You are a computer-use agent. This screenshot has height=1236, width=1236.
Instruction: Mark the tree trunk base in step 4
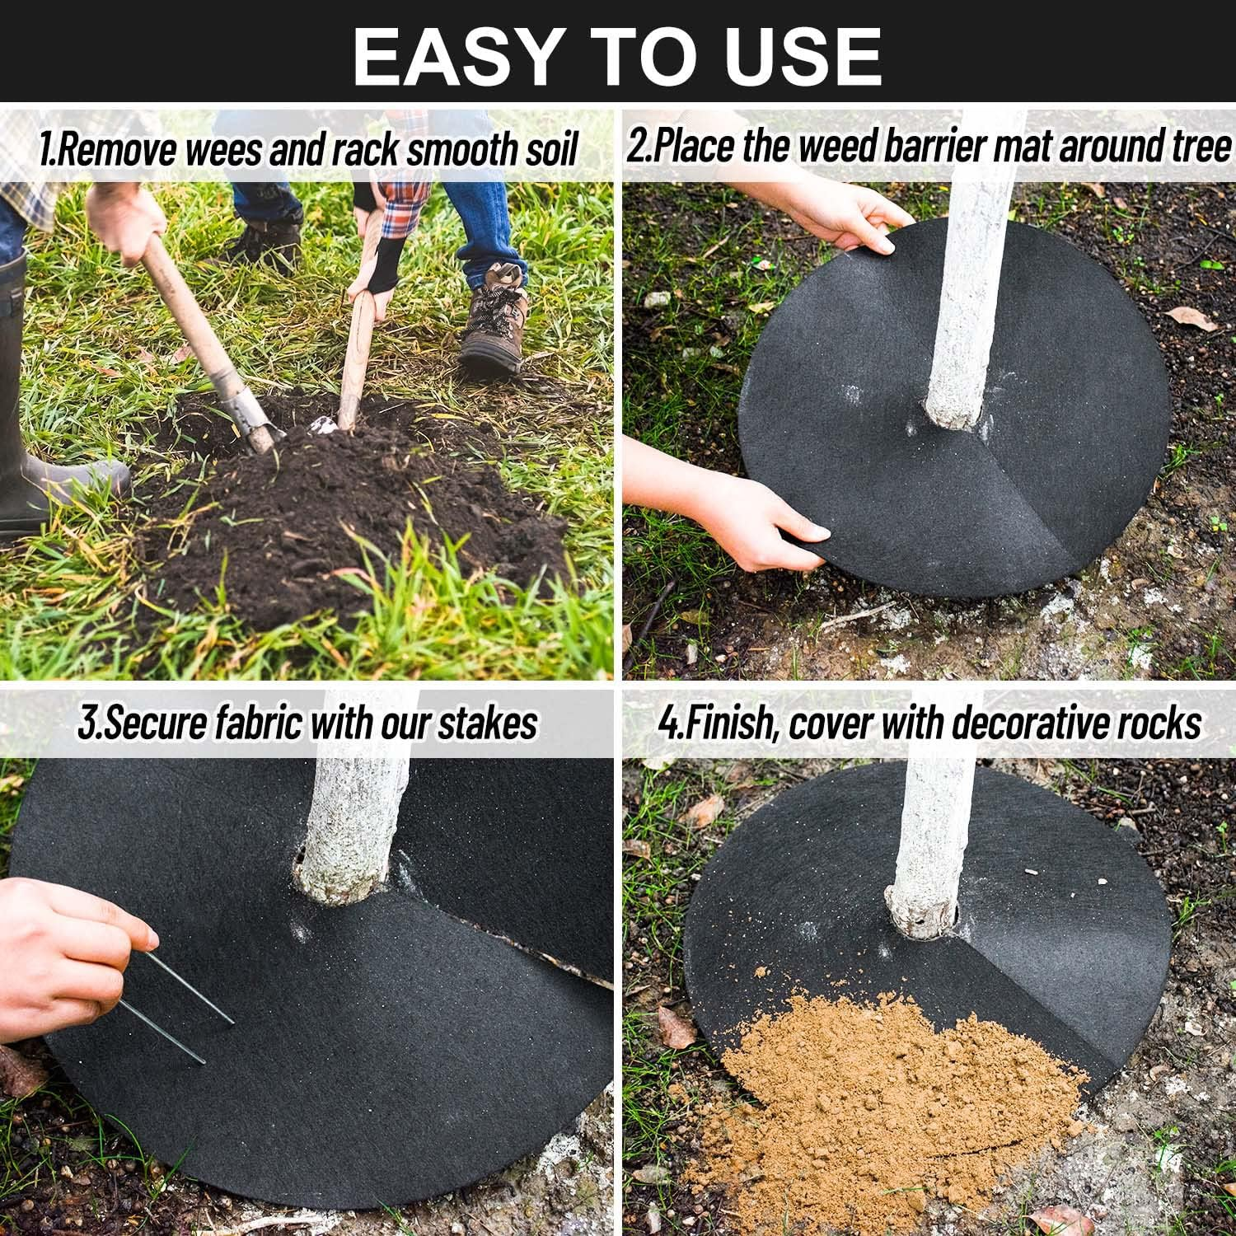click(923, 911)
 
